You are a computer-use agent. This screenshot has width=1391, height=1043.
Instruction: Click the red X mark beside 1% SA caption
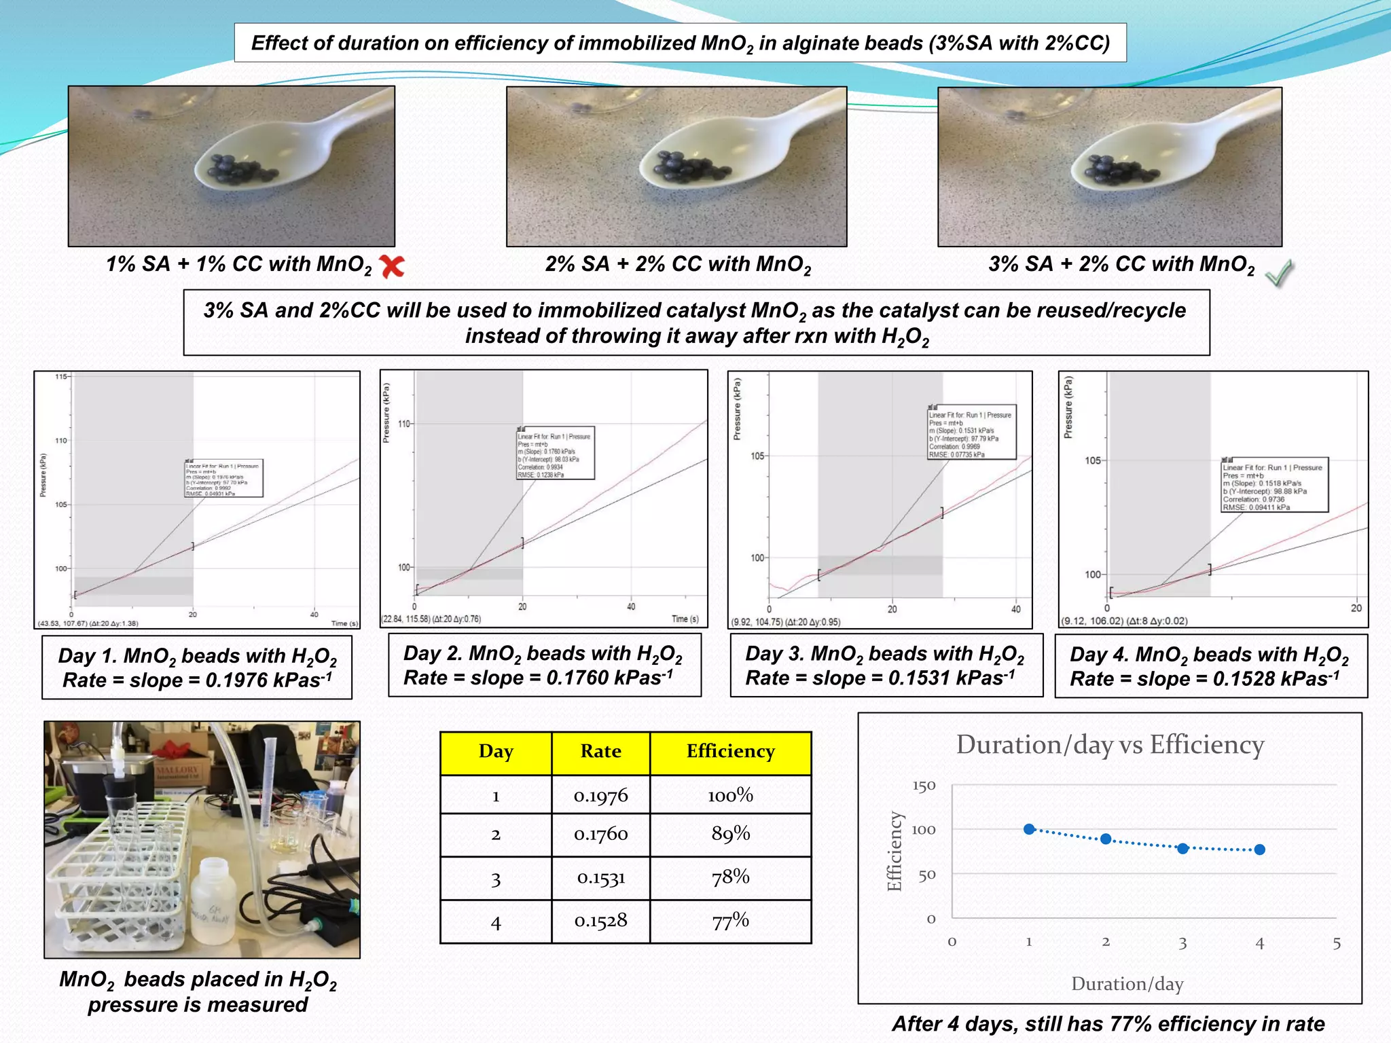click(392, 266)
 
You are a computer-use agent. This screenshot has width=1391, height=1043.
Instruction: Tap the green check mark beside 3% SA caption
click(1280, 273)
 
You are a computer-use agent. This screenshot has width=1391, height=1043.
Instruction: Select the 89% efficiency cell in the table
click(730, 834)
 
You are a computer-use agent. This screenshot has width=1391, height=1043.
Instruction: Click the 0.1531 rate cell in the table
click(600, 878)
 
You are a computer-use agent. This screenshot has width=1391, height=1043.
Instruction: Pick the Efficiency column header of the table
click(730, 752)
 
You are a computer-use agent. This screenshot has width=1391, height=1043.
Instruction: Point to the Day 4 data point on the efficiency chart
click(1259, 849)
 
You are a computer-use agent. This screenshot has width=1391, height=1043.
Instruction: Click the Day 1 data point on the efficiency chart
click(1029, 829)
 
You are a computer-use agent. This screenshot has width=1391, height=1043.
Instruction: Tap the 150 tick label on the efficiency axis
click(924, 786)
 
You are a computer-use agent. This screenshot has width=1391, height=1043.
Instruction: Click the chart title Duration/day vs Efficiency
click(1110, 745)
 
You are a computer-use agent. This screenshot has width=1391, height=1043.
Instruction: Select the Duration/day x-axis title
click(1127, 984)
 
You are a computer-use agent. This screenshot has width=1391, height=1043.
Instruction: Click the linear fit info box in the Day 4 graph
click(1273, 486)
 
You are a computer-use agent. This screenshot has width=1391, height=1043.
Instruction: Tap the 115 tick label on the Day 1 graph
click(61, 376)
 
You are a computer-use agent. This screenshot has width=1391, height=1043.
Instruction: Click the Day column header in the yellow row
click(496, 752)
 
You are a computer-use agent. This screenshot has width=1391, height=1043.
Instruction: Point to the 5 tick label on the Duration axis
click(1336, 943)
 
